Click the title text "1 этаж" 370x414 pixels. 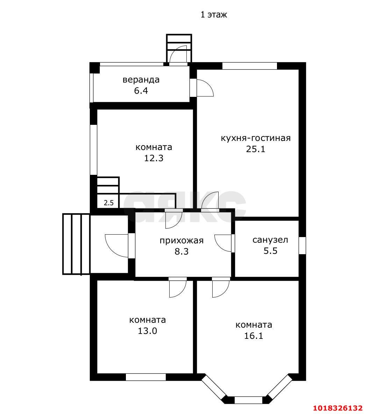[214, 15]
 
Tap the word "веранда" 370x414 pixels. [141, 79]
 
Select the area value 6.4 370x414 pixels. [141, 91]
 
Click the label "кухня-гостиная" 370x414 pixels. [256, 138]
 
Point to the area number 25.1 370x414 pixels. [256, 149]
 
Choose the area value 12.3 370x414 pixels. [154, 158]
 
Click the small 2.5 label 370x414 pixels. [108, 203]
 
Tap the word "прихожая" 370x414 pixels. [182, 241]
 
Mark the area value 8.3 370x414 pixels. [182, 251]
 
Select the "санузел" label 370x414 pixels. [270, 240]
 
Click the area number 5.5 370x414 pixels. [270, 251]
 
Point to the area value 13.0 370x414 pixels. [148, 331]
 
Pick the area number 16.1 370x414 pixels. [254, 336]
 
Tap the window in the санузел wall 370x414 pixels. [302, 245]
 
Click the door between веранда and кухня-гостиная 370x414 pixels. [202, 88]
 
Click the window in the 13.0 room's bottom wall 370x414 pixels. [146, 377]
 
